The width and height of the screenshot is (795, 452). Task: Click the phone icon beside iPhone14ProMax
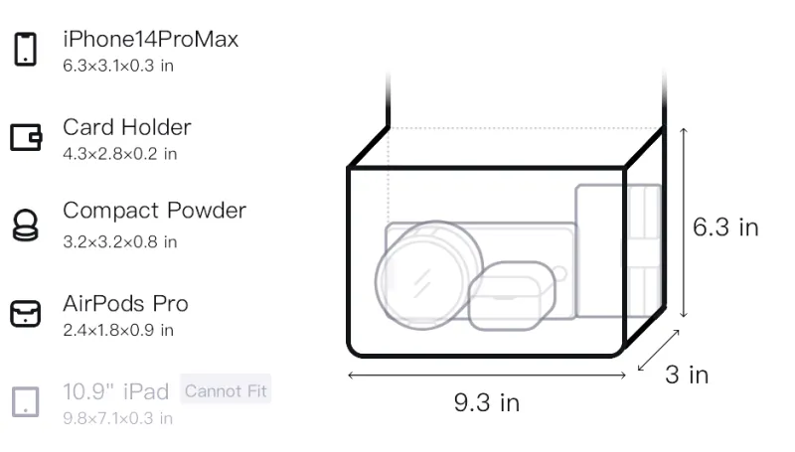(x=26, y=49)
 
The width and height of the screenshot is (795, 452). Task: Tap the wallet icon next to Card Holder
(x=26, y=137)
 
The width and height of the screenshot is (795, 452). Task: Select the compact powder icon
(x=26, y=225)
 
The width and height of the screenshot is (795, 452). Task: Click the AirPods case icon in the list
(x=26, y=314)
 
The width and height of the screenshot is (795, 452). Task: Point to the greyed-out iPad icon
(x=26, y=402)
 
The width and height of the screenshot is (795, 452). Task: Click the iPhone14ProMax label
(x=151, y=39)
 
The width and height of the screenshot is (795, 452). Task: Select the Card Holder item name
(x=127, y=127)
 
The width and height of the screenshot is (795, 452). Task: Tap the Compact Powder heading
(x=154, y=211)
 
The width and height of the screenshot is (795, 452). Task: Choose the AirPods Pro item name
(x=125, y=304)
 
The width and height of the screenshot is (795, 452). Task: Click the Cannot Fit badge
(x=226, y=390)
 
